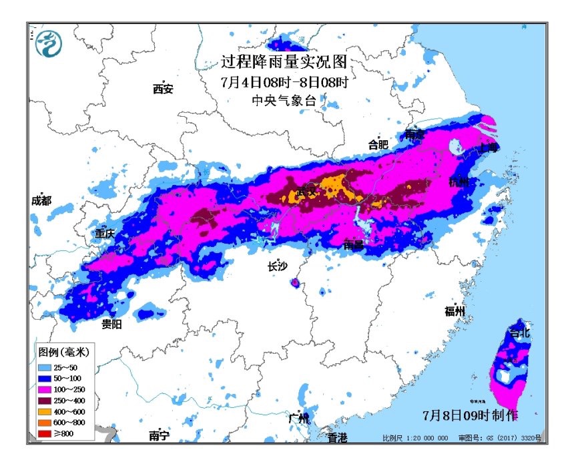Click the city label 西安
pos(163,89)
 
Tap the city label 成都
pos(41,200)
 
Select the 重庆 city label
pos(105,234)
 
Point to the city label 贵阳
pos(111,324)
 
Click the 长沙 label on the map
pos(277,266)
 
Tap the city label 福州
pos(456,311)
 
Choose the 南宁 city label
pos(159,436)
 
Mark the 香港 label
pos(337,437)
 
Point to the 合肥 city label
pos(378,144)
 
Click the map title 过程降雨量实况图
pos(284,63)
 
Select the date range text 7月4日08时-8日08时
pos(284,83)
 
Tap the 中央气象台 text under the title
pos(283,101)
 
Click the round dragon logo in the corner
pos(49,43)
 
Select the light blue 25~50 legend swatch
pos(45,368)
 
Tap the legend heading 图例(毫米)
pos(63,352)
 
